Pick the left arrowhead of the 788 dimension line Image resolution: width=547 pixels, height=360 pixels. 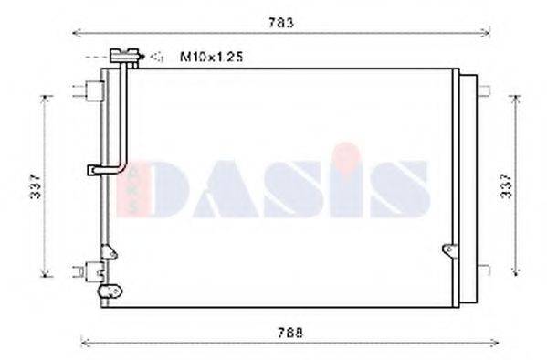click(85, 344)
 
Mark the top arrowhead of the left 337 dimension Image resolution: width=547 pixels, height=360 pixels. click(45, 95)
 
